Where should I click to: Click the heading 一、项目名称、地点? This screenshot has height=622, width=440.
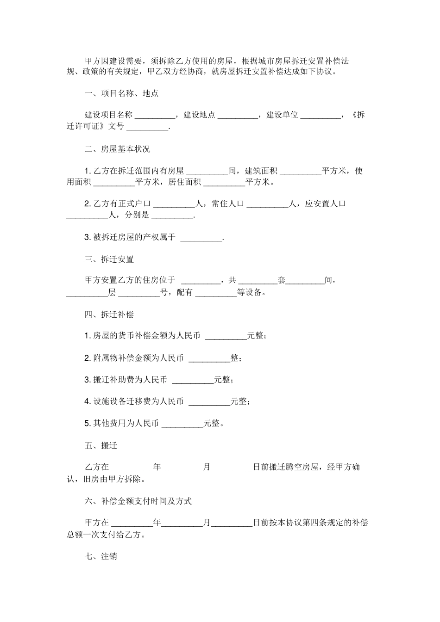(122, 93)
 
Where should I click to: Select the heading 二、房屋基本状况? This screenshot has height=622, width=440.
(118, 149)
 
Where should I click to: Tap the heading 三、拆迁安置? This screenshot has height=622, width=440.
(109, 259)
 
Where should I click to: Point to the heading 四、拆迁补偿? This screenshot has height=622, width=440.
(109, 314)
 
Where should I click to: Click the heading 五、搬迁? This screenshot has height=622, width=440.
(101, 446)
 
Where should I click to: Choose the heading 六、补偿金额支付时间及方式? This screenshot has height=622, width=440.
(138, 501)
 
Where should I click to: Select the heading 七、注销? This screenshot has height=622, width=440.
(101, 556)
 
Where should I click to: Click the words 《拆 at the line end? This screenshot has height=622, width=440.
(358, 115)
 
